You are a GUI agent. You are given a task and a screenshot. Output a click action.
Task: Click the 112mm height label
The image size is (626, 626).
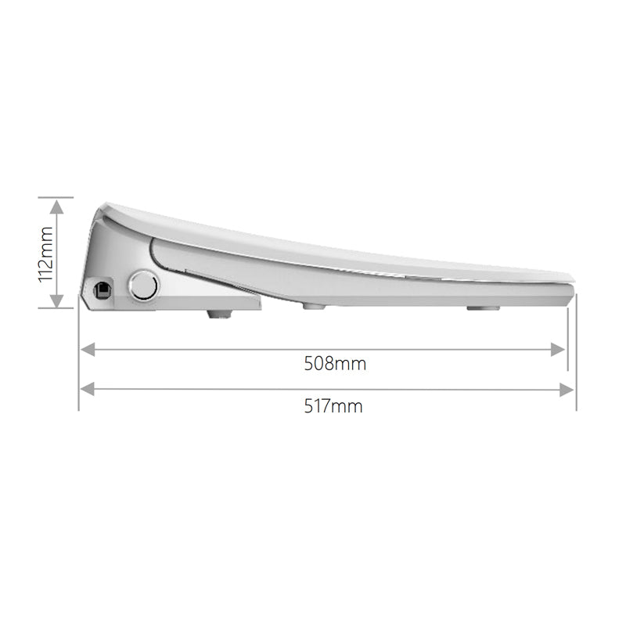tap(45, 254)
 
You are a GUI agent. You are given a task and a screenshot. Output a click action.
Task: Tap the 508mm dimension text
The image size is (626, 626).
tap(335, 364)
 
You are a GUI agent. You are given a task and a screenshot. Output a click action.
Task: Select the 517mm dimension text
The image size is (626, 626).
tap(333, 406)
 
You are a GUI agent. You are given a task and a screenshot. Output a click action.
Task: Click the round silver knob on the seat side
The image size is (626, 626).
tap(144, 285)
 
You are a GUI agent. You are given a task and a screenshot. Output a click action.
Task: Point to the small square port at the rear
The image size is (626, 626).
tap(103, 289)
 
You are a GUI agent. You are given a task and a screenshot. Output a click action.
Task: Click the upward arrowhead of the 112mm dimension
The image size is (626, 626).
tap(57, 207)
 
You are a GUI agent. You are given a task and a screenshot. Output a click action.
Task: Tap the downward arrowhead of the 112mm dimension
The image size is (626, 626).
tap(57, 300)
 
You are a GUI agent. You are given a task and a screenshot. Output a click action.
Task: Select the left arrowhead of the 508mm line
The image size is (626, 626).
tap(88, 349)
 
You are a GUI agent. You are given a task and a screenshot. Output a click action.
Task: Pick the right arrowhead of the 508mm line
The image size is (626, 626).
tap(557, 349)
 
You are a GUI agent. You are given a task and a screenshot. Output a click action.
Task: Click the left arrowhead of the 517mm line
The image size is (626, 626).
tap(88, 390)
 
